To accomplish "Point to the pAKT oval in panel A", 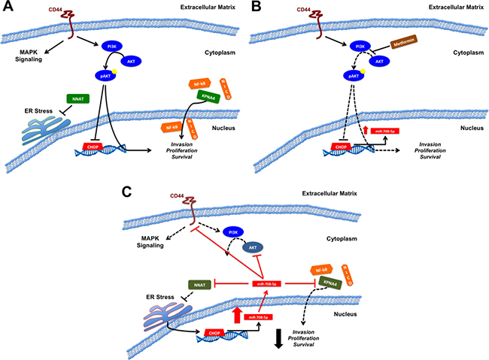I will pyautogui.click(x=105, y=76).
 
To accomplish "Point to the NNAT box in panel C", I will pyautogui.click(x=197, y=285).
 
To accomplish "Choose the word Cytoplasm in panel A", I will pyautogui.click(x=199, y=54).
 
